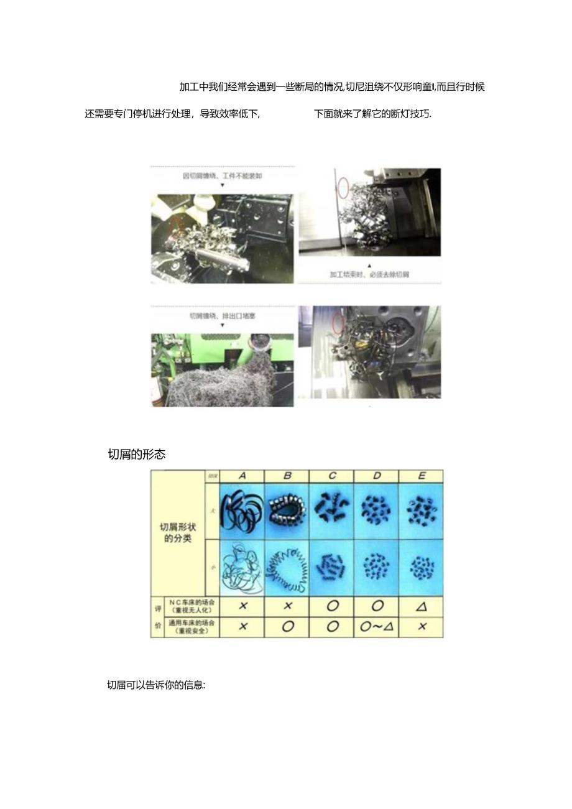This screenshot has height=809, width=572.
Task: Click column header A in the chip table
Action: pyautogui.click(x=242, y=476)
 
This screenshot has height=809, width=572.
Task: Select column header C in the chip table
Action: pyautogui.click(x=332, y=476)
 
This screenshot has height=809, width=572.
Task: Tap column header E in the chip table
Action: pyautogui.click(x=422, y=476)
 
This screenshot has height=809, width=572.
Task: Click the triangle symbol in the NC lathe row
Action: pyautogui.click(x=422, y=606)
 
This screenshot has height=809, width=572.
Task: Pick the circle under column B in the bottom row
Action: pyautogui.click(x=287, y=627)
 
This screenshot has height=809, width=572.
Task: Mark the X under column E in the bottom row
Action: pyautogui.click(x=422, y=627)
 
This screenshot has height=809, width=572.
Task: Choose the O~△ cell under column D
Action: pyautogui.click(x=377, y=627)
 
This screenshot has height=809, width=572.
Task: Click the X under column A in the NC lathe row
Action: pyautogui.click(x=242, y=606)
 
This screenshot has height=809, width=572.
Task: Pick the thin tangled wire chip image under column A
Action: pyautogui.click(x=242, y=568)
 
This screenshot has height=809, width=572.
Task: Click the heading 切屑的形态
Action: pyautogui.click(x=137, y=455)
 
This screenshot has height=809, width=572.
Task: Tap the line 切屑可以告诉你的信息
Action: pyautogui.click(x=156, y=686)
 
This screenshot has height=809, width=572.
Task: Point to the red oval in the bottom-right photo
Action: pyautogui.click(x=339, y=323)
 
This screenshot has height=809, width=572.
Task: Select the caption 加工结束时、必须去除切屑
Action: pyautogui.click(x=369, y=274)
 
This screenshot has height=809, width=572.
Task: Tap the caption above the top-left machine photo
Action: pyautogui.click(x=222, y=176)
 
